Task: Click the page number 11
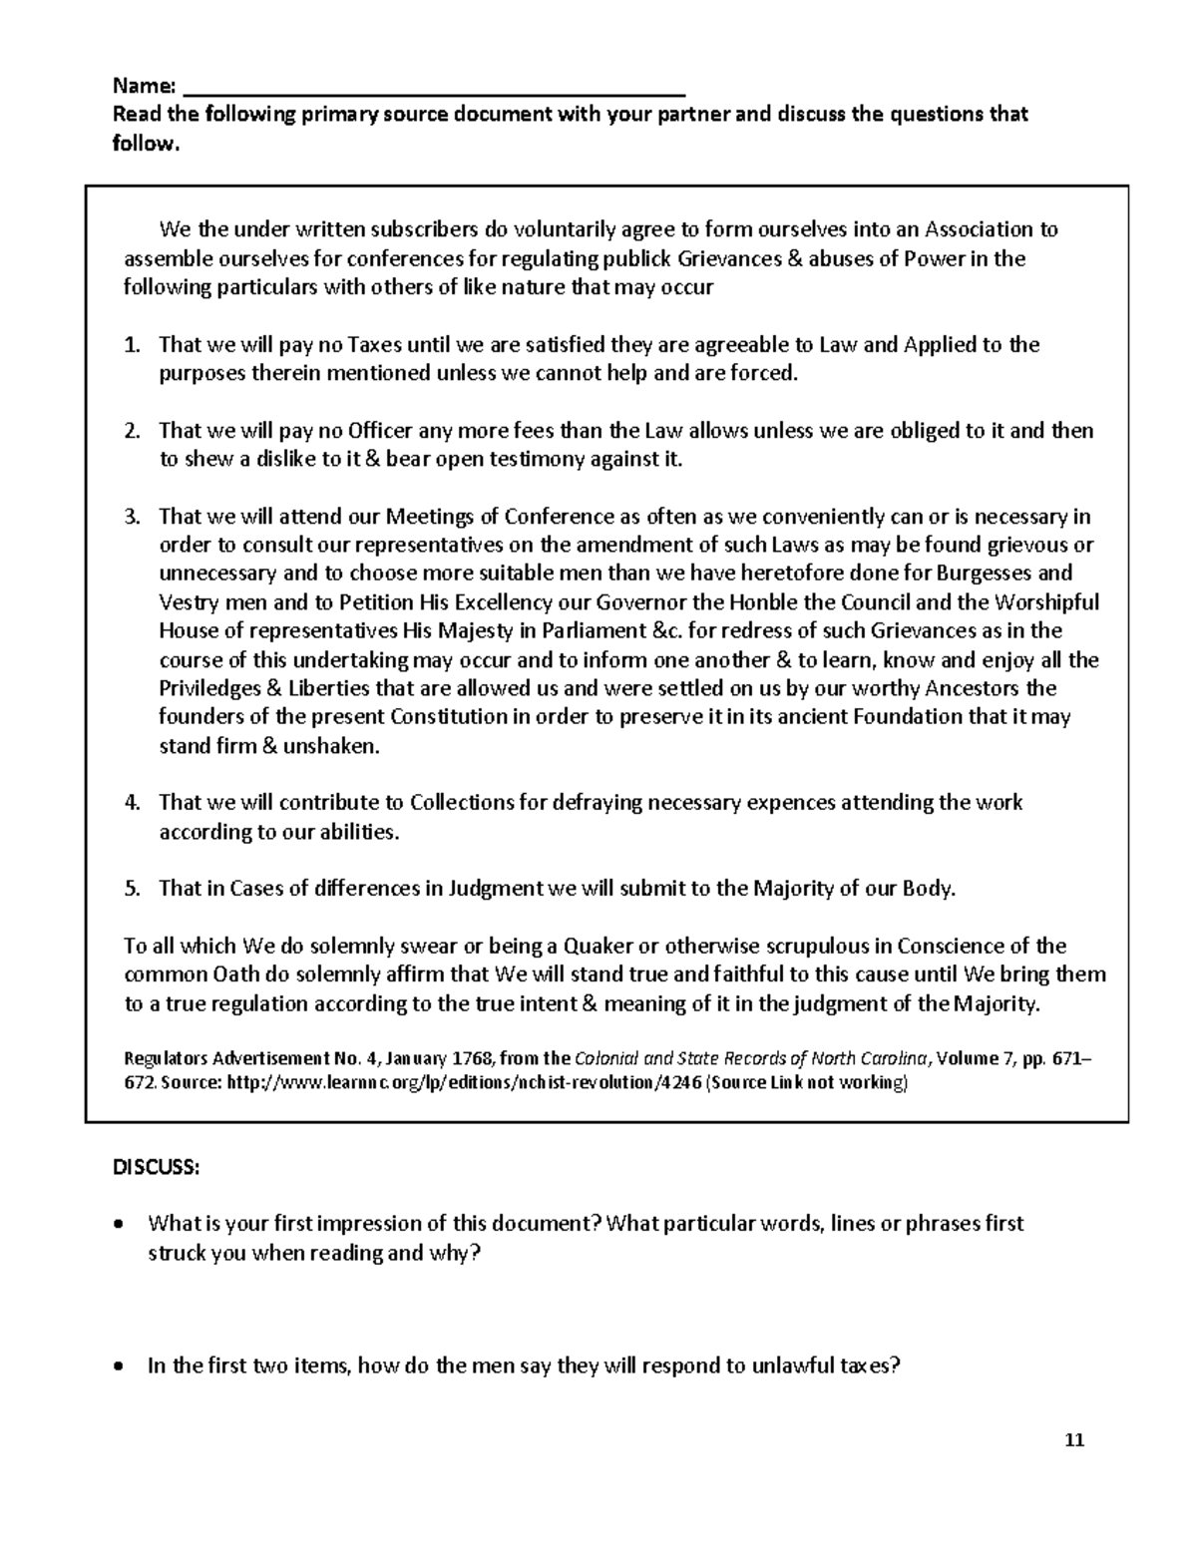[1074, 1440]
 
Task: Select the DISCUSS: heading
[156, 1168]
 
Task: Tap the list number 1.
[132, 345]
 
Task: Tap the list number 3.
[132, 517]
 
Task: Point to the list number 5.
[132, 889]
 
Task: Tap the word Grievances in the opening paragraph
[725, 259]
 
